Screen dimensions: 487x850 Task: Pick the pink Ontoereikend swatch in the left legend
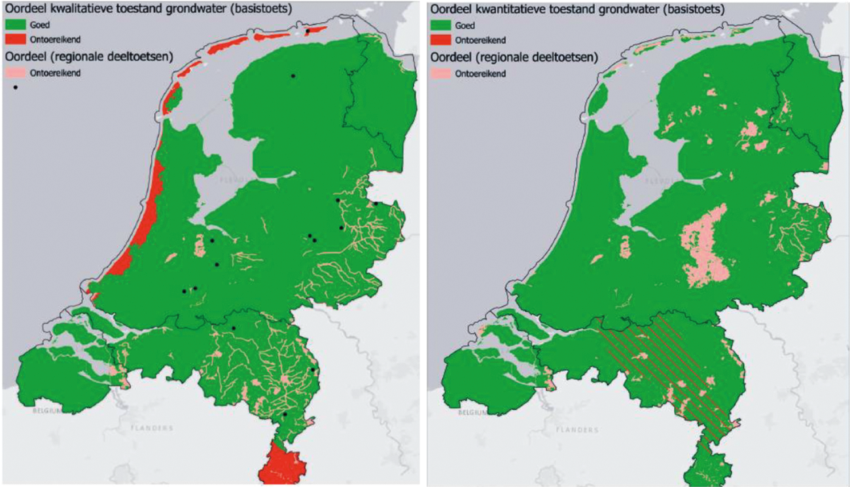[x=16, y=73]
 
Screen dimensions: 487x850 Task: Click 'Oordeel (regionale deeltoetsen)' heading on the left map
[x=88, y=57]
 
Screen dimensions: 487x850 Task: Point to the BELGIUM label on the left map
[x=46, y=411]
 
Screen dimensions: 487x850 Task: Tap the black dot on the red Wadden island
[x=308, y=31]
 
